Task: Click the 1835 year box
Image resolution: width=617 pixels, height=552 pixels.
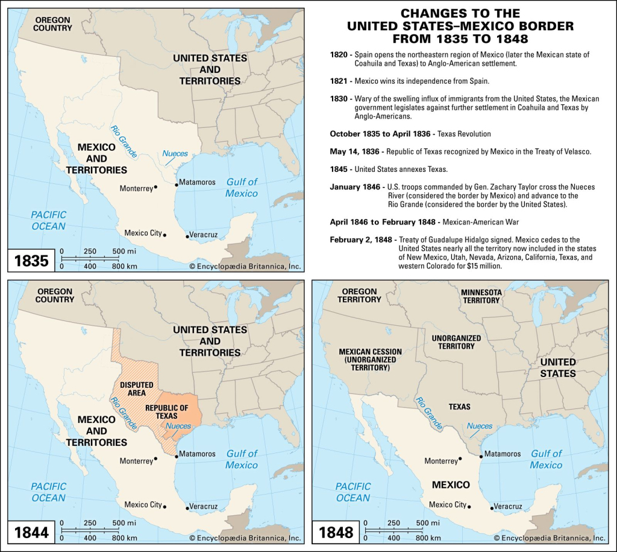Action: [31, 261]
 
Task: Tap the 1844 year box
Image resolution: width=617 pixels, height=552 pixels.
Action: [31, 532]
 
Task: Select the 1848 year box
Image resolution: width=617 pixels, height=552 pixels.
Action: [336, 532]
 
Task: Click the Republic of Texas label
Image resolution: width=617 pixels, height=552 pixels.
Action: [166, 412]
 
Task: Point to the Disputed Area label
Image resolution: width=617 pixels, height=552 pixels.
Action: [137, 389]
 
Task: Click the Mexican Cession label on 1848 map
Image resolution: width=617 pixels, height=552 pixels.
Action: [368, 359]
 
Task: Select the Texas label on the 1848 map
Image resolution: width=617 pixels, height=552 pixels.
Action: [459, 407]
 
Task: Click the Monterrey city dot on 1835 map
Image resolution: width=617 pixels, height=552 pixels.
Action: [156, 188]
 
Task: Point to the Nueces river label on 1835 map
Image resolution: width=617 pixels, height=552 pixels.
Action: [175, 154]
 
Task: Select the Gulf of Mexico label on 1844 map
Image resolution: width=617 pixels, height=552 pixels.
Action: [241, 459]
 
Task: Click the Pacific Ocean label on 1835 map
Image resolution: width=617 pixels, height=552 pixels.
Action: [48, 220]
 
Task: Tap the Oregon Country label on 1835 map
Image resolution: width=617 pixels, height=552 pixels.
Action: [52, 24]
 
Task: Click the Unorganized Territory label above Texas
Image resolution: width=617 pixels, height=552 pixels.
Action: [456, 342]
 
